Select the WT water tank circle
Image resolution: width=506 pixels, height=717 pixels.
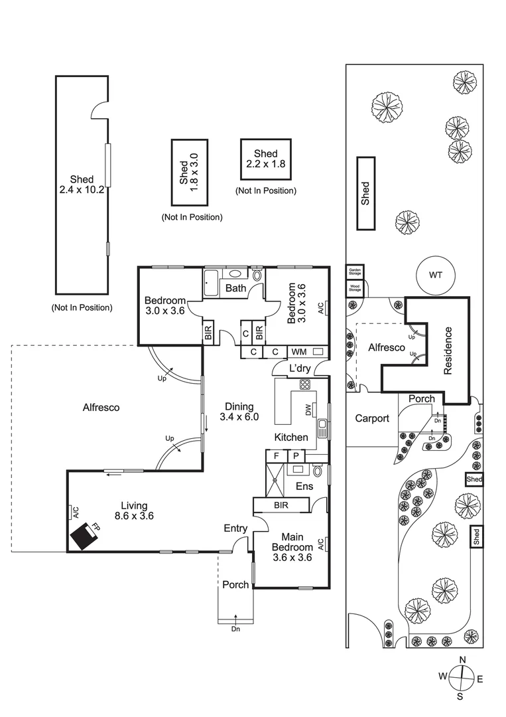pyautogui.click(x=435, y=275)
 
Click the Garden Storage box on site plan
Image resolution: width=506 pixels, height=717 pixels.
pyautogui.click(x=355, y=272)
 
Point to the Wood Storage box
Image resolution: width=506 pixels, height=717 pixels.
pyautogui.click(x=355, y=288)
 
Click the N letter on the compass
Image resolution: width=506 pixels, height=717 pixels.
pyautogui.click(x=462, y=659)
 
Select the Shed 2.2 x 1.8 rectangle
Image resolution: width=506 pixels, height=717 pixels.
pyautogui.click(x=265, y=159)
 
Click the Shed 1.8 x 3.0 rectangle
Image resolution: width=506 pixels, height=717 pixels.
pyautogui.click(x=189, y=173)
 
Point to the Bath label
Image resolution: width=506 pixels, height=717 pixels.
pyautogui.click(x=236, y=288)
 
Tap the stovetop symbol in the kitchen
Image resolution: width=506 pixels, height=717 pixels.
pyautogui.click(x=304, y=385)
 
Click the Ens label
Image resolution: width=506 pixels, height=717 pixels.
pyautogui.click(x=304, y=487)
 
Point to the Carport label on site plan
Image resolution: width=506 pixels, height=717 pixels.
pyautogui.click(x=372, y=419)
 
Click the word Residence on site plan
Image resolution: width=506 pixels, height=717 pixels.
pyautogui.click(x=448, y=350)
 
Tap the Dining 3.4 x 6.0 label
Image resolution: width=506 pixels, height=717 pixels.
pyautogui.click(x=239, y=412)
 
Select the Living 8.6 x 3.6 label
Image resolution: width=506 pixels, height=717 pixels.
pyautogui.click(x=134, y=510)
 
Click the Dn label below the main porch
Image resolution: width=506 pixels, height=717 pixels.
pyautogui.click(x=235, y=629)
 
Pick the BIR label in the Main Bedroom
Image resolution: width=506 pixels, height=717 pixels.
pyautogui.click(x=281, y=506)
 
